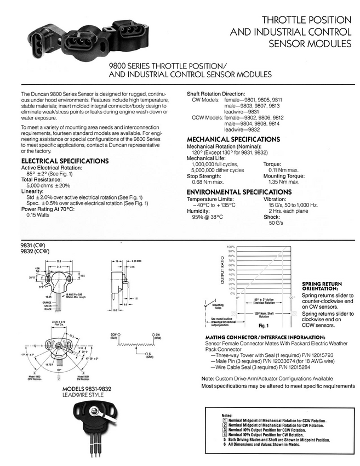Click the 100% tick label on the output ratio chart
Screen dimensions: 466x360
230,247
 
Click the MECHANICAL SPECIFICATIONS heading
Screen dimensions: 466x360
232,140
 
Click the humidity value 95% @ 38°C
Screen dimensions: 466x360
208,217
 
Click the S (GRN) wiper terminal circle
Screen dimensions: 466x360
146,354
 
